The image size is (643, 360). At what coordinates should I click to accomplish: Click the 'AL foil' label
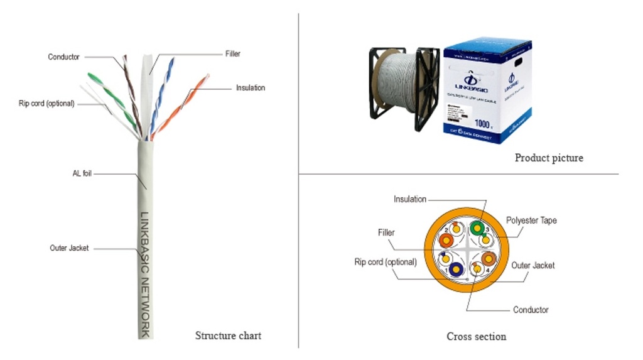pos(82,173)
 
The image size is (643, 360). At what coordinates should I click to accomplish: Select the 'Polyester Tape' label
pos(531,221)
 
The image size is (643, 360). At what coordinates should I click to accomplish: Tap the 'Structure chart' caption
pos(228,335)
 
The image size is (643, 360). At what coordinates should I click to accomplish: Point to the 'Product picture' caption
pos(549,158)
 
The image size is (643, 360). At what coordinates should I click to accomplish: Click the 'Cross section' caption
pos(476,337)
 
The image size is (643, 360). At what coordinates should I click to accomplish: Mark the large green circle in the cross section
pos(479,227)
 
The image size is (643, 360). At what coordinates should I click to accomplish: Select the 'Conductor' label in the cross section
pos(531,310)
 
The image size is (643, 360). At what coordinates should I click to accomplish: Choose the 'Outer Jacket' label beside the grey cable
pos(69,248)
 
